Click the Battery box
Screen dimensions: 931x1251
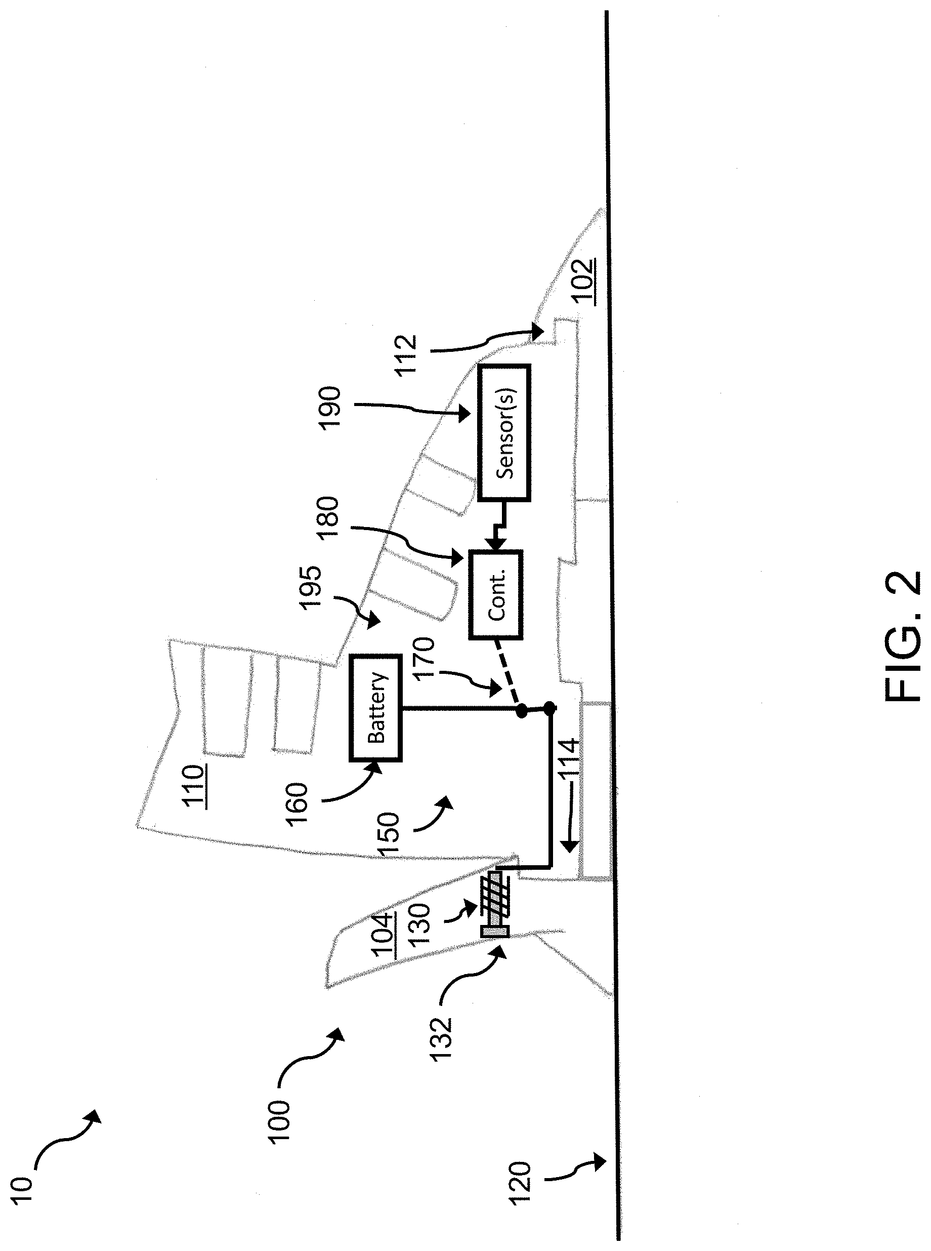pos(376,708)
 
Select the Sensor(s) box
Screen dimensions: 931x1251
pos(504,432)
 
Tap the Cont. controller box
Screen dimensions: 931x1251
pos(496,594)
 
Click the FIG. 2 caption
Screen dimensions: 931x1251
pos(902,637)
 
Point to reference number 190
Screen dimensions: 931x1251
pos(330,408)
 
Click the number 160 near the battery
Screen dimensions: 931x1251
pos(297,804)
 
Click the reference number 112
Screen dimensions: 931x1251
pos(405,353)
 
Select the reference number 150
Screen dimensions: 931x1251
pos(390,835)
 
